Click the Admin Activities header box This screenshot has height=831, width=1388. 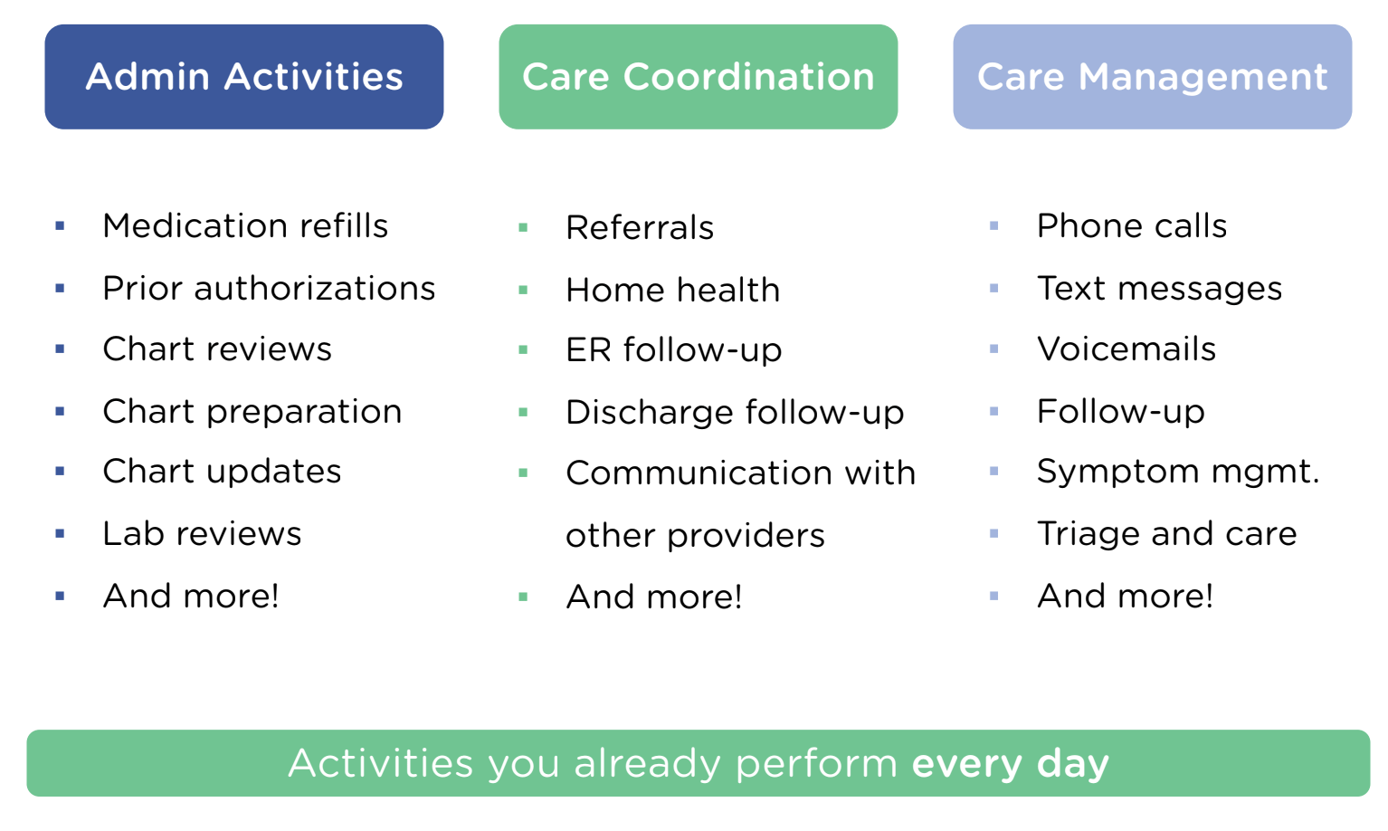pyautogui.click(x=244, y=77)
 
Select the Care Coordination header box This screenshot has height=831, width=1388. pyautogui.click(x=699, y=77)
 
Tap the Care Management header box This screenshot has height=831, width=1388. pyautogui.click(x=1153, y=77)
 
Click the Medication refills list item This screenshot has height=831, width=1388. pyautogui.click(x=245, y=225)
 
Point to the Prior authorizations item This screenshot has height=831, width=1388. pyautogui.click(x=269, y=288)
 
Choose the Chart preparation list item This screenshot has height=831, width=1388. pyautogui.click(x=252, y=413)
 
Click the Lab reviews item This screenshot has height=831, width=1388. pyautogui.click(x=202, y=533)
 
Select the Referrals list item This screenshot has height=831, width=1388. pyautogui.click(x=640, y=227)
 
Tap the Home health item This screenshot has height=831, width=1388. pyautogui.click(x=673, y=290)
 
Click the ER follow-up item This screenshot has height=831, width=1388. pyautogui.click(x=674, y=350)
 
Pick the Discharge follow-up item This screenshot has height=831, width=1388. pyautogui.click(x=735, y=413)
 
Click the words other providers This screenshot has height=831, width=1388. pyautogui.click(x=695, y=536)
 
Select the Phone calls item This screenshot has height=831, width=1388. pyautogui.click(x=1131, y=225)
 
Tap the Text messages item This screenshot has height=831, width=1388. pyautogui.click(x=1159, y=289)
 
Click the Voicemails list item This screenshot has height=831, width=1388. pyautogui.click(x=1127, y=349)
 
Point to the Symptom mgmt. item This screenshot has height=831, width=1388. pyautogui.click(x=1178, y=473)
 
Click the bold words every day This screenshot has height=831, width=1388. pyautogui.click(x=1010, y=764)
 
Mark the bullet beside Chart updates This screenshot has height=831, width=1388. pyautogui.click(x=60, y=472)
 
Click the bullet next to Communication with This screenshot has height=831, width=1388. pyautogui.click(x=523, y=473)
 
